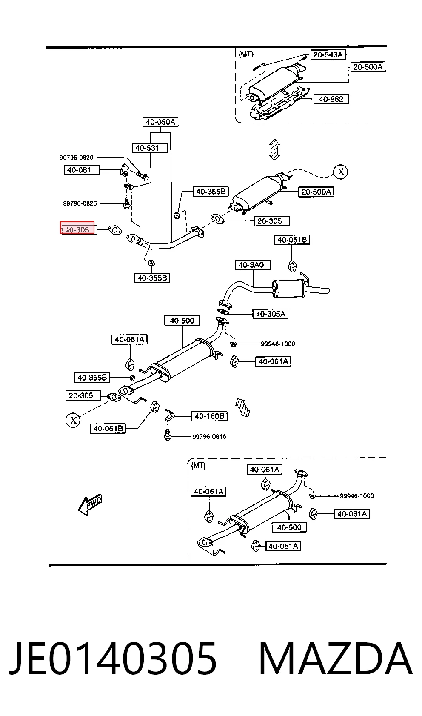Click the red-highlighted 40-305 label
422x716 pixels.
click(x=77, y=228)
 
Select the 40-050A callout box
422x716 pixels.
click(x=160, y=122)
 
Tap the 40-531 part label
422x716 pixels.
click(x=149, y=148)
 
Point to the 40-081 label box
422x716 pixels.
click(x=81, y=170)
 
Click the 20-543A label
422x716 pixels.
click(x=328, y=54)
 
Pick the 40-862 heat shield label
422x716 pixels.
click(x=331, y=99)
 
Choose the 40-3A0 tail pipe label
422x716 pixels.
click(x=253, y=265)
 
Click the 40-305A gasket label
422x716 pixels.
click(x=270, y=314)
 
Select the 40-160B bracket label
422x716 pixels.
click(x=209, y=416)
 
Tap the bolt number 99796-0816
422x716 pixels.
click(x=209, y=437)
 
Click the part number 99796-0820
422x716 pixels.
click(x=76, y=157)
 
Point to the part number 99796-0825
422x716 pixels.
click(x=80, y=203)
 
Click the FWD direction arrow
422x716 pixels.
click(x=90, y=504)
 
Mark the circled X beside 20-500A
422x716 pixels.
click(x=341, y=172)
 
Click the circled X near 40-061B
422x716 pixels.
click(x=73, y=420)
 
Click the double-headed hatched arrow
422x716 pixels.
click(x=274, y=149)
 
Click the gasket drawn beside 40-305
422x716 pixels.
click(x=114, y=230)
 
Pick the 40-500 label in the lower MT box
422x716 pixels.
click(x=289, y=527)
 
